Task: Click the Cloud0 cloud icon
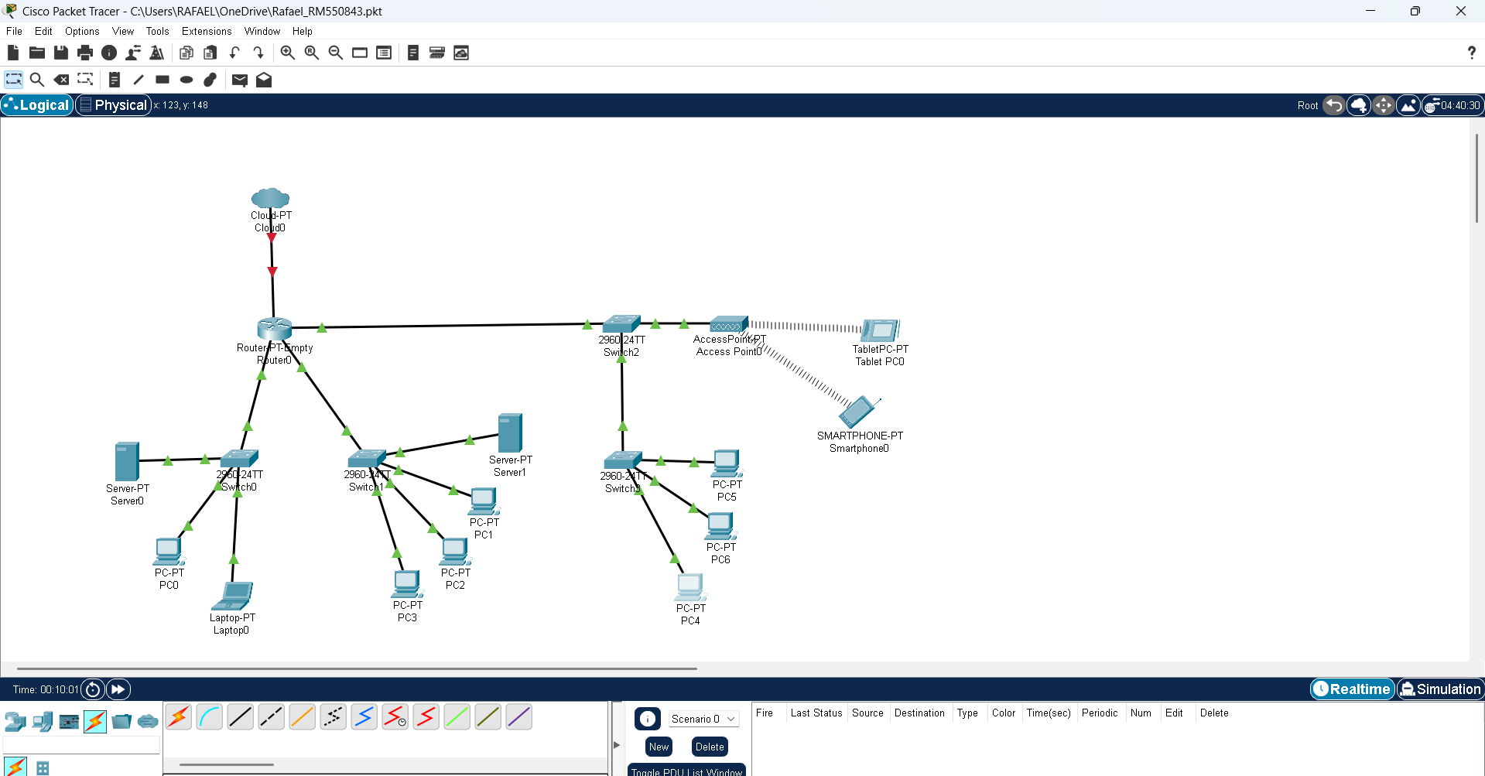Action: pos(270,198)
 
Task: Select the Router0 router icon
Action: pos(274,328)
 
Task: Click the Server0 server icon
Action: pos(127,461)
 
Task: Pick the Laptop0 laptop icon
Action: pos(233,596)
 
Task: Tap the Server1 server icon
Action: pos(510,432)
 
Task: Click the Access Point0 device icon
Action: pos(728,324)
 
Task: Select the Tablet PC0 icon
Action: pos(881,330)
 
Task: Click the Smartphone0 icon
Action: pos(858,412)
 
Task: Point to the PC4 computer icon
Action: pos(689,587)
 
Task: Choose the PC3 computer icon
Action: pos(407,584)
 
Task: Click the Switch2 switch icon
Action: pos(621,323)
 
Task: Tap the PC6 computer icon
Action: pos(720,526)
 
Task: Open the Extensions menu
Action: pos(207,31)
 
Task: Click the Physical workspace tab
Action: pos(113,105)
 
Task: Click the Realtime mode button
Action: pos(1352,689)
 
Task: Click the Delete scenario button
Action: pos(709,747)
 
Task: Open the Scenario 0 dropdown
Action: pos(703,719)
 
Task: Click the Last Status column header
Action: pos(816,713)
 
